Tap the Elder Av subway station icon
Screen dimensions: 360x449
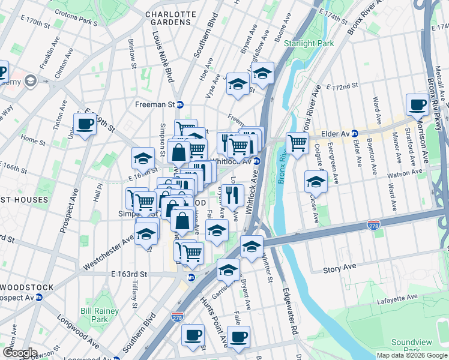coord(355,133)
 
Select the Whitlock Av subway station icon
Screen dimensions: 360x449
coord(256,161)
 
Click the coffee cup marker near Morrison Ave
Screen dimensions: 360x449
coord(417,104)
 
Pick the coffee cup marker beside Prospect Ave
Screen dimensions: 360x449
coord(85,124)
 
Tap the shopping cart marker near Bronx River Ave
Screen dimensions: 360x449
coord(297,143)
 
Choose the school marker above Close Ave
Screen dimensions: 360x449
coord(316,181)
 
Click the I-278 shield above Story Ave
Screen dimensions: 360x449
coord(373,224)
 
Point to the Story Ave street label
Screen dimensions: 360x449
coord(340,266)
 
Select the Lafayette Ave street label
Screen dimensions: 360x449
coord(397,296)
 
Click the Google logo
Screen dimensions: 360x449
coord(19,353)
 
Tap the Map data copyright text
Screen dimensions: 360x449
coord(412,355)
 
